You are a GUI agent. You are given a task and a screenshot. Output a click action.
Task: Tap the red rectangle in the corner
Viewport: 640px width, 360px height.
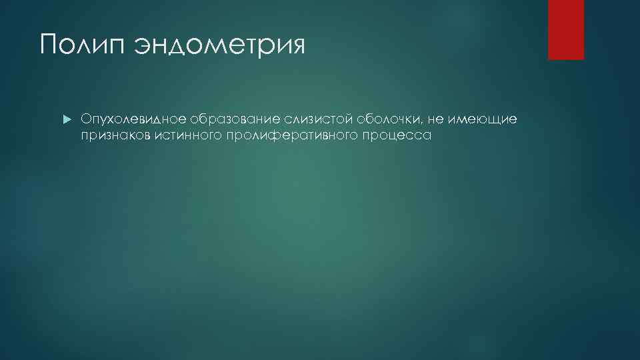tap(565, 29)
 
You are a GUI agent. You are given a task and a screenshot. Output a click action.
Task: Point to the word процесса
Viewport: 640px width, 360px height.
tap(398, 135)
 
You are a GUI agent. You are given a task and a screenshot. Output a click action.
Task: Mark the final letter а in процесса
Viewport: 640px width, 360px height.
tap(428, 136)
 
